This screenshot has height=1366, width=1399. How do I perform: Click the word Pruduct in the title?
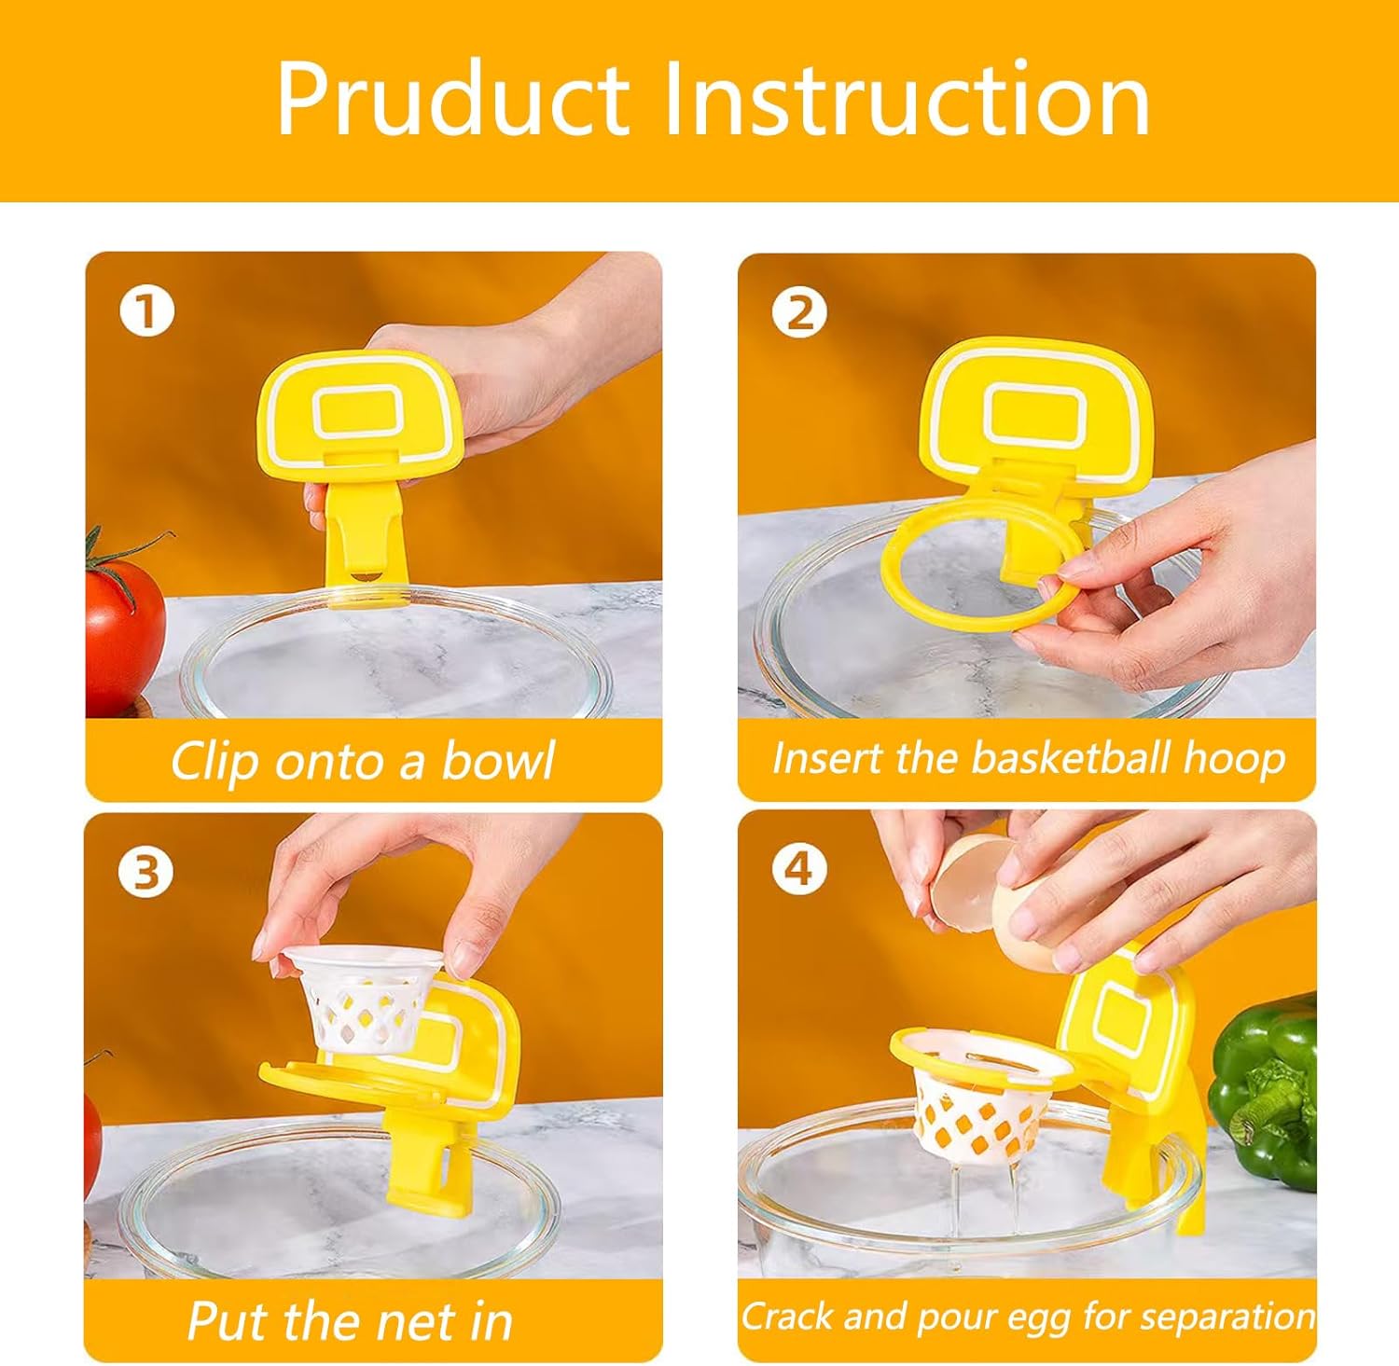(x=453, y=100)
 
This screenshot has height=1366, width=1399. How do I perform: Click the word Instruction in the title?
(x=906, y=100)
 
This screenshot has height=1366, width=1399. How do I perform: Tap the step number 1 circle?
(x=146, y=310)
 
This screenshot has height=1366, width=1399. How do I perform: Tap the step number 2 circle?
(x=799, y=312)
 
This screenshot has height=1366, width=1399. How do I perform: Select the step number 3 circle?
(x=145, y=873)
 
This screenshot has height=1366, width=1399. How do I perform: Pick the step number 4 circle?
(x=799, y=869)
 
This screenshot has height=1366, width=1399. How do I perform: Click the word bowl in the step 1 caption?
(x=498, y=761)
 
